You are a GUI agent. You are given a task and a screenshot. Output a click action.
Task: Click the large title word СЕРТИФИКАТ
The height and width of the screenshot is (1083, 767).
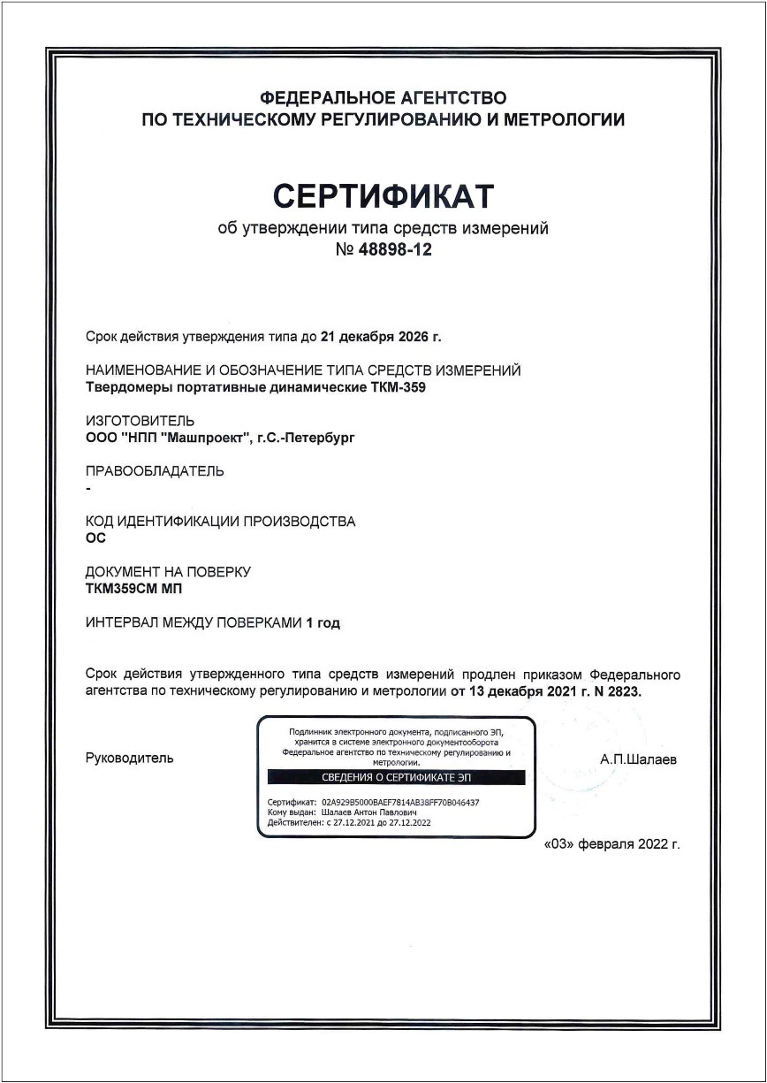pyautogui.click(x=383, y=195)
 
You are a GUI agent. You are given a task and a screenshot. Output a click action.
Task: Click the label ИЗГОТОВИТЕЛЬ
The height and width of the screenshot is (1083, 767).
pyautogui.click(x=140, y=421)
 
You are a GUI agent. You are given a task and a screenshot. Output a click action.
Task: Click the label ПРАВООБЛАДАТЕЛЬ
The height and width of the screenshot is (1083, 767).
pyautogui.click(x=155, y=471)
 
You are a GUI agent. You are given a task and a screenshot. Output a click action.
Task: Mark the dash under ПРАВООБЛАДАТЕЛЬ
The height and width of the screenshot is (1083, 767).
pyautogui.click(x=88, y=488)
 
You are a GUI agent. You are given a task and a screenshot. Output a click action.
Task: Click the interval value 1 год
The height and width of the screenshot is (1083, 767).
pyautogui.click(x=323, y=622)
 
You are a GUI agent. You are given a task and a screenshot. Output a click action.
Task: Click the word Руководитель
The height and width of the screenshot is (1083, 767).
pyautogui.click(x=130, y=759)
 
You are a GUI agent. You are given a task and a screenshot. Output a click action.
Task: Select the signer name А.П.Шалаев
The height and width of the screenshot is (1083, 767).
pyautogui.click(x=638, y=759)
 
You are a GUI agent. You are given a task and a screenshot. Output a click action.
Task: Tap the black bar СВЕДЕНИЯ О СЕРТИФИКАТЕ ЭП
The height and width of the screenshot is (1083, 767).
pyautogui.click(x=396, y=777)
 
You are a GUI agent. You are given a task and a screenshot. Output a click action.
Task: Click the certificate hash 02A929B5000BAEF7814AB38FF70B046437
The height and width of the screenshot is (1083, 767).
pyautogui.click(x=403, y=803)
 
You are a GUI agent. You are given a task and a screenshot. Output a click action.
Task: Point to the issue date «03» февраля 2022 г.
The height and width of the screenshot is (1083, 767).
pyautogui.click(x=612, y=844)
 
